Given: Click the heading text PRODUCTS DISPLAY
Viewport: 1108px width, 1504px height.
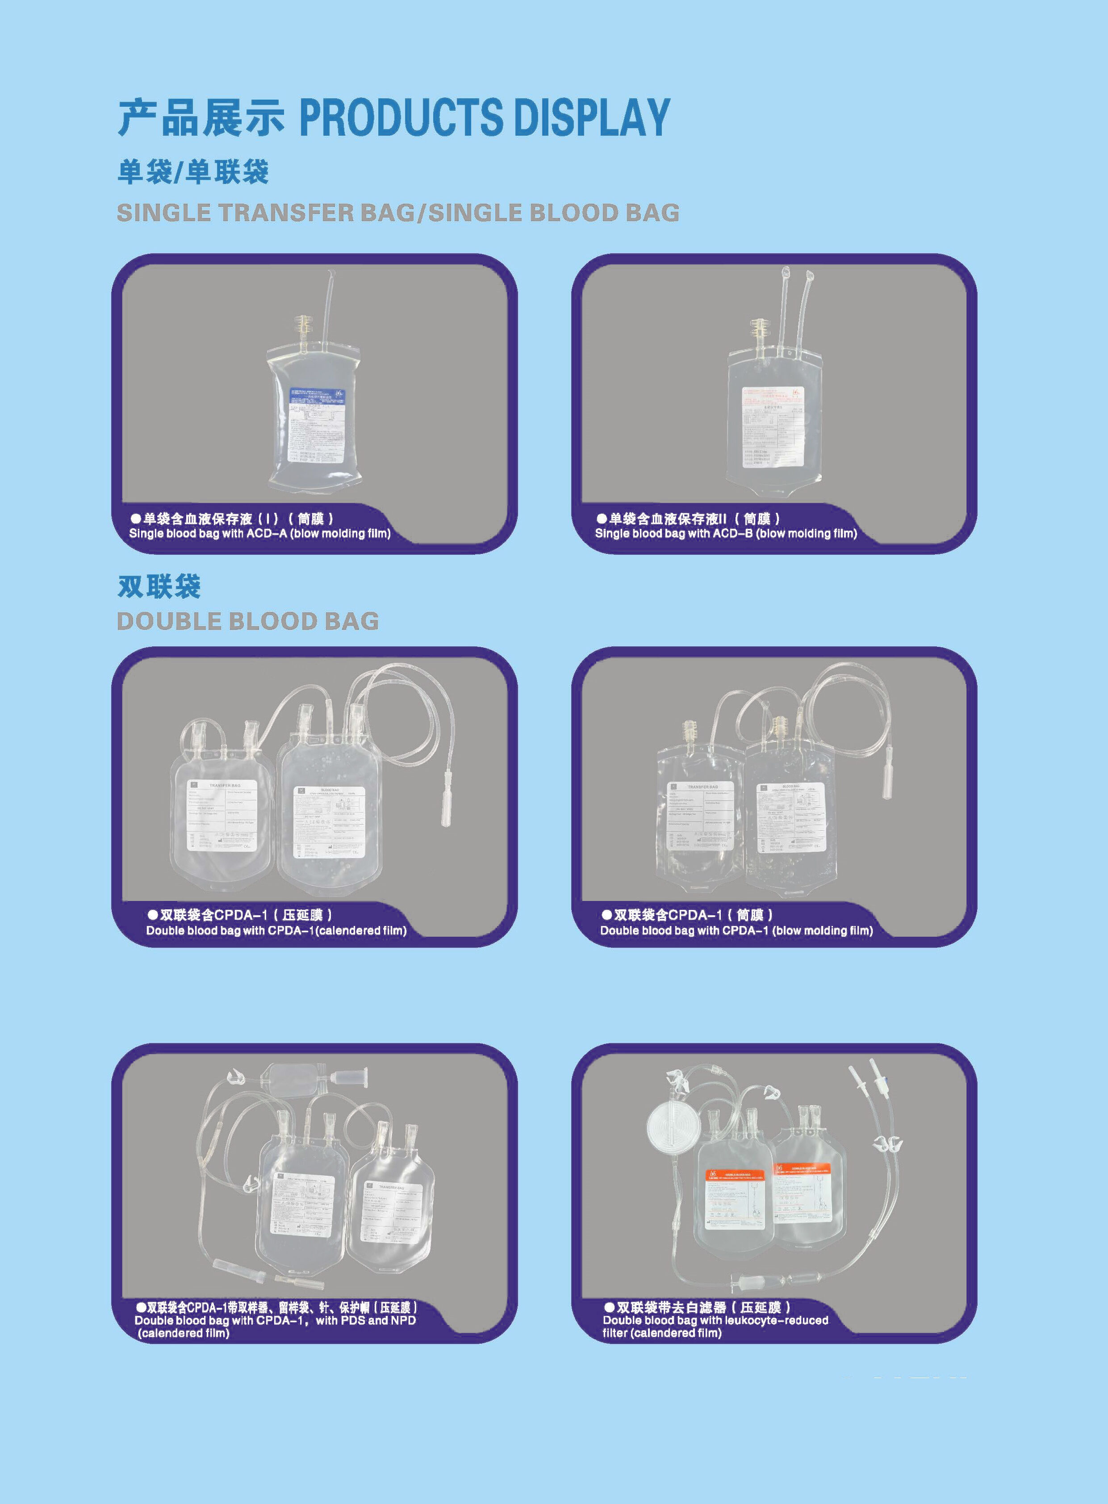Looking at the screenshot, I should [484, 117].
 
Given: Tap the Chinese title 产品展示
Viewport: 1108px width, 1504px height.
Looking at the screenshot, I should [201, 117].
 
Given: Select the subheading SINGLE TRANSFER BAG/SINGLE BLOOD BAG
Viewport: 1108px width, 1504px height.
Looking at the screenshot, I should [398, 213].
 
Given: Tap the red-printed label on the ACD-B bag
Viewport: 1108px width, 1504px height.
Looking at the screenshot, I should [772, 427].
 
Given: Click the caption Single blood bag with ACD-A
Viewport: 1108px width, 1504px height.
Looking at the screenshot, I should [259, 533].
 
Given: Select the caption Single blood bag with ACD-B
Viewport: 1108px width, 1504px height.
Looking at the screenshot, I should [726, 533].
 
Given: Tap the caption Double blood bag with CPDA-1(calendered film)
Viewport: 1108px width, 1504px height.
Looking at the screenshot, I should [276, 930].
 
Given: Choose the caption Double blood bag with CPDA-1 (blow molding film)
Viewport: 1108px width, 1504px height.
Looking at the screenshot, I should [736, 930].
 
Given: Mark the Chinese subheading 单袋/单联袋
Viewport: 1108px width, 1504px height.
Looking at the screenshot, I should [193, 172].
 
